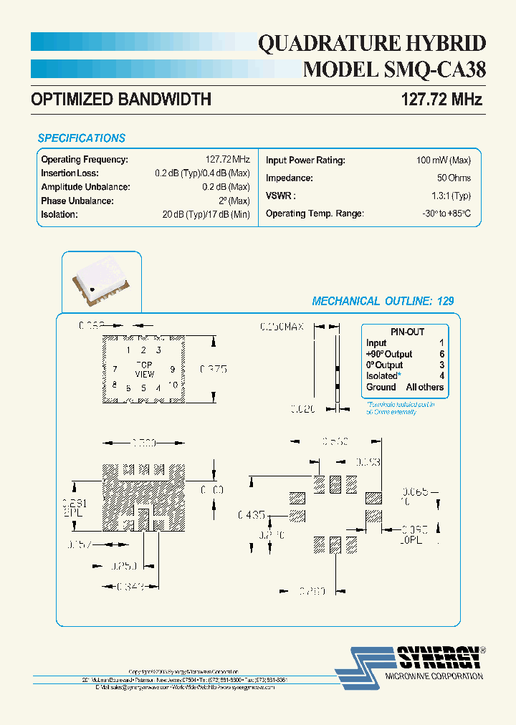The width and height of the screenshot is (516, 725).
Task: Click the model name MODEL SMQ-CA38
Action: (395, 69)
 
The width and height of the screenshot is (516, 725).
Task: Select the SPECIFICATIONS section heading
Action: (81, 138)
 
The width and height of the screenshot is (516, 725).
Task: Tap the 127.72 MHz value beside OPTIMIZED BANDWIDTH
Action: (439, 100)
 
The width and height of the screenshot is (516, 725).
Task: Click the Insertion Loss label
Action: (70, 173)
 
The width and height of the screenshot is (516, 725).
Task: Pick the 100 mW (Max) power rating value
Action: (443, 160)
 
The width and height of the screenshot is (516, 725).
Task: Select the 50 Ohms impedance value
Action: (454, 178)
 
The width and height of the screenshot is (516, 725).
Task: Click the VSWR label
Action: (280, 196)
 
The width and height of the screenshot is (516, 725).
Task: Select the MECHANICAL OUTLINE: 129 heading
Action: (383, 302)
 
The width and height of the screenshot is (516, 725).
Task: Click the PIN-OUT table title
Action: (407, 332)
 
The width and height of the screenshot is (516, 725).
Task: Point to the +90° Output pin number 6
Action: (441, 354)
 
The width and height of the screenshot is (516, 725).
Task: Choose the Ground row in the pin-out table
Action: (405, 387)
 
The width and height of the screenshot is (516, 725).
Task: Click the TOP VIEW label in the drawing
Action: (145, 370)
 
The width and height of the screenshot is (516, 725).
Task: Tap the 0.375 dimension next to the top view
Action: (213, 370)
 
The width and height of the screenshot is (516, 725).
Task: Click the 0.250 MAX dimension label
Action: (282, 327)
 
